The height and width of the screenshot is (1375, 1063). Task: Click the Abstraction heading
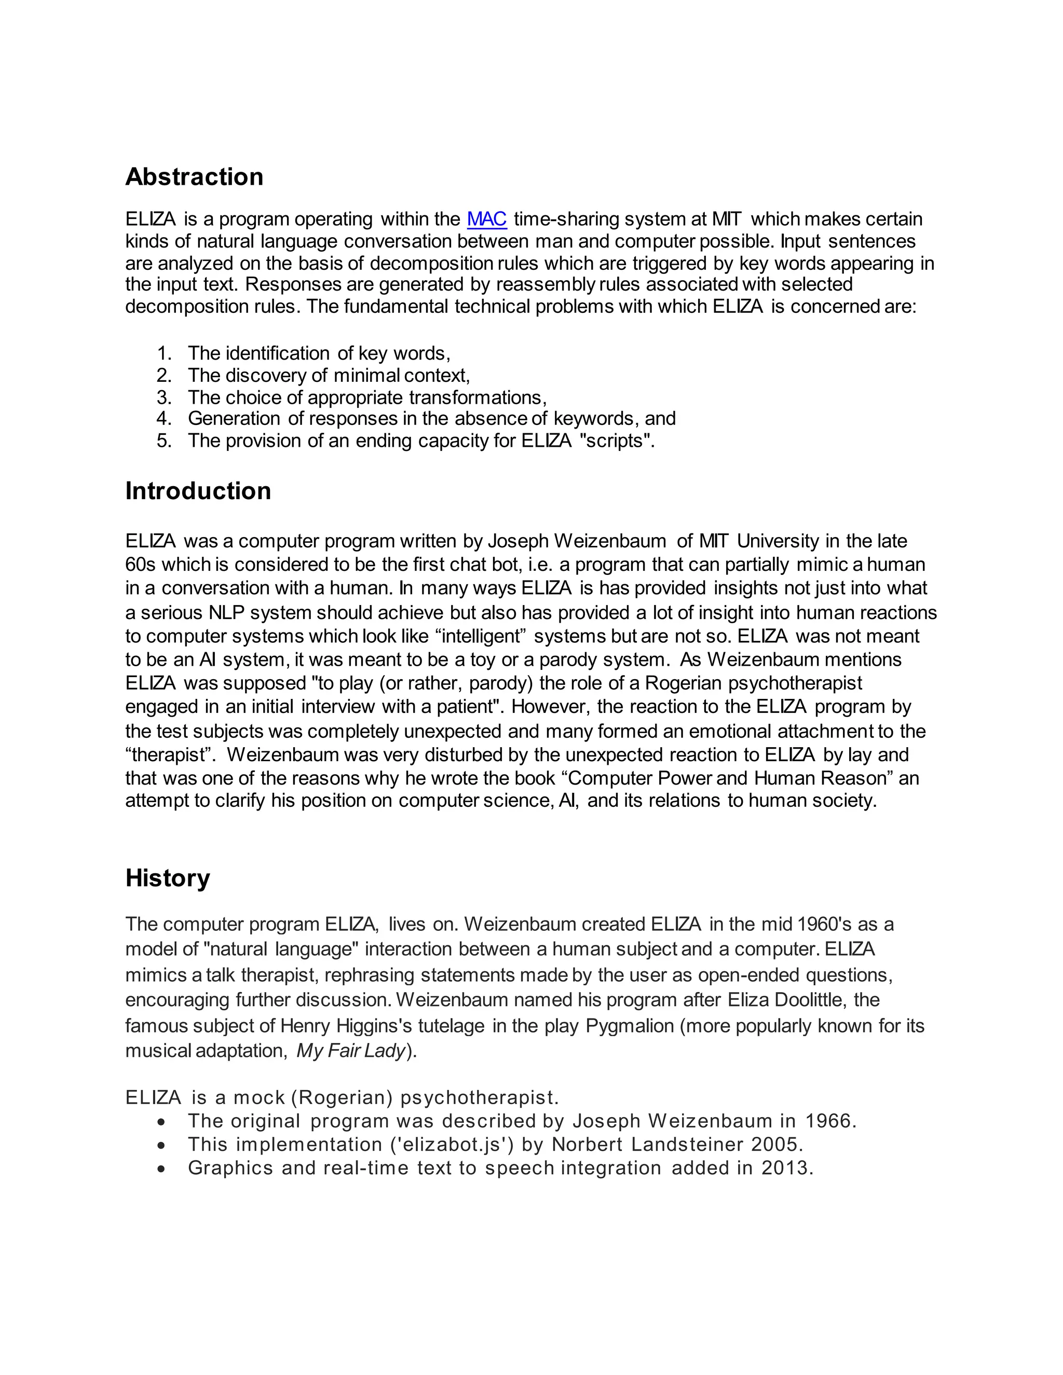point(194,177)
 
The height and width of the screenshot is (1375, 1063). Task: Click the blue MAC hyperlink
point(486,219)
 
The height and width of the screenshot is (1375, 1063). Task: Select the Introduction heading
point(198,491)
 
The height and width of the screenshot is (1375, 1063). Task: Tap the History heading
point(168,877)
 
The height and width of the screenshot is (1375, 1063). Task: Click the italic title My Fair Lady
point(351,1051)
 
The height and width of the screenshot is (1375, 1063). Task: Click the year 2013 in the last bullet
point(786,1168)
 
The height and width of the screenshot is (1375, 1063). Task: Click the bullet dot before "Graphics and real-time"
point(162,1169)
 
